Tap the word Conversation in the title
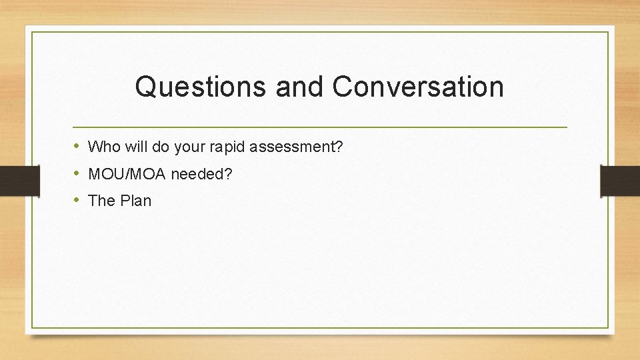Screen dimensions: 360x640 [x=417, y=87]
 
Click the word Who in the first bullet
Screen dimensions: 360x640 [x=101, y=146]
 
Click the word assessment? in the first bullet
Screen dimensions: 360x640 [x=294, y=146]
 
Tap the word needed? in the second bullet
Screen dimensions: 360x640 [x=201, y=174]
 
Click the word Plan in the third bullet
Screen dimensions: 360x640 [x=135, y=201]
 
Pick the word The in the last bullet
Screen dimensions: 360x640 [x=102, y=201]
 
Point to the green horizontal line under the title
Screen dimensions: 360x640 [x=320, y=127]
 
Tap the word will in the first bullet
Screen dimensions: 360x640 [x=134, y=146]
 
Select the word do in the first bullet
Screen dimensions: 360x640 [x=160, y=146]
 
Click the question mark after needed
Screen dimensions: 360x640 [x=229, y=174]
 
